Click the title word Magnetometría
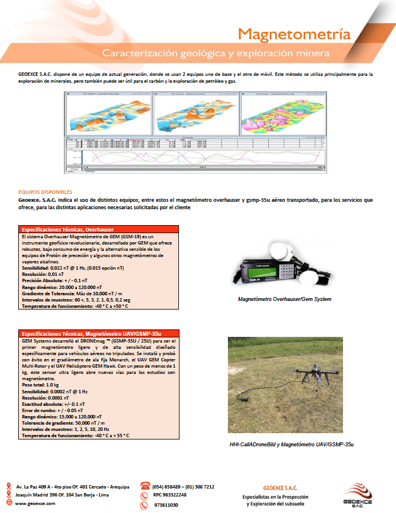tap(294, 34)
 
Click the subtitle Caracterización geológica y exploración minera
tap(215, 54)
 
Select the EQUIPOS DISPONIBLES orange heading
tap(46, 192)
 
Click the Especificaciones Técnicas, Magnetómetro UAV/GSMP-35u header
tap(91, 333)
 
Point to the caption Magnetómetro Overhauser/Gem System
tap(283, 299)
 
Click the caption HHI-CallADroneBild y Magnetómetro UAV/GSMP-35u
tap(283, 443)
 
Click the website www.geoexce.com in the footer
tap(35, 504)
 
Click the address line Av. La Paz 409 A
tap(72, 487)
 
